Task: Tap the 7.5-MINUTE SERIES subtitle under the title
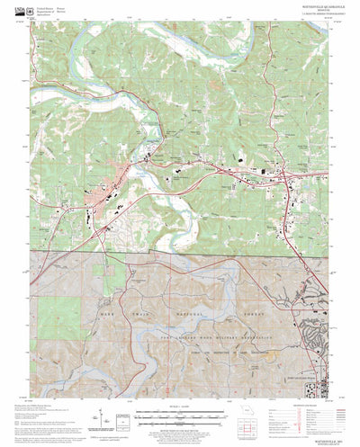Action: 301,18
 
